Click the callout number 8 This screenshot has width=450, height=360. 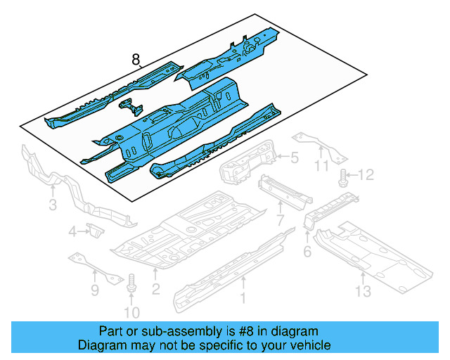coord(136,60)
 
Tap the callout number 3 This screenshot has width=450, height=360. coord(52,205)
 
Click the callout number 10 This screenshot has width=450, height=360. coord(133,312)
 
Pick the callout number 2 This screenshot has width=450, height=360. coord(155,288)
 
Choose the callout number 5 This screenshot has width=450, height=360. coord(295,159)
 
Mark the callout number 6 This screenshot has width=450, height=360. coord(307,251)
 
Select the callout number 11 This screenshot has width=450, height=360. coord(321,167)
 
